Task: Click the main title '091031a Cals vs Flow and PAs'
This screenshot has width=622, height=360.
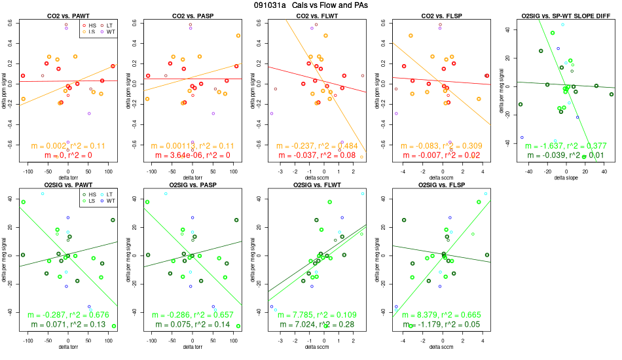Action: pos(311,5)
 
